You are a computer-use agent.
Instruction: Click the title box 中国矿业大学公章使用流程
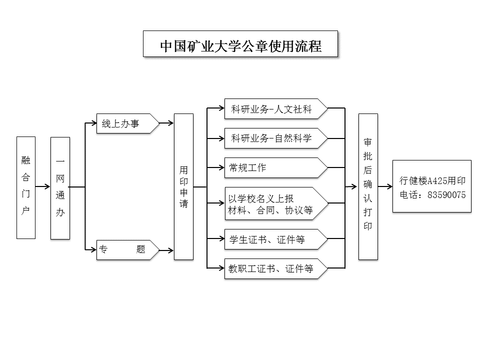click(240, 44)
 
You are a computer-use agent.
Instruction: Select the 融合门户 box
click(26, 187)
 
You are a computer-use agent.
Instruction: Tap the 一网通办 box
click(60, 188)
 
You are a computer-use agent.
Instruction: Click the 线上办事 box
click(128, 123)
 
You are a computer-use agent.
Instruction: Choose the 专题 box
click(128, 250)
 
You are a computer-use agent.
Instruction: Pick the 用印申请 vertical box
click(183, 186)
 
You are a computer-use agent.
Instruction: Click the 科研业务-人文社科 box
click(276, 108)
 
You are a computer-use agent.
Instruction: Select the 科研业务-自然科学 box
click(276, 138)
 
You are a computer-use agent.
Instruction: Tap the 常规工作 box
click(276, 168)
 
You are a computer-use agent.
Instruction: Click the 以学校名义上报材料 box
click(276, 203)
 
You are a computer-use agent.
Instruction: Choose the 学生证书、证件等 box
click(276, 239)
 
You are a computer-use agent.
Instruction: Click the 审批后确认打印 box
click(368, 186)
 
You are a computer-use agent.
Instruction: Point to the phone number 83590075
click(446, 195)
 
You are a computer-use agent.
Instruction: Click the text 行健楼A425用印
click(432, 180)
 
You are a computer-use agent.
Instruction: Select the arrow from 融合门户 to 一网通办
click(43, 186)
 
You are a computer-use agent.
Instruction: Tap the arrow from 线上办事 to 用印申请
click(166, 123)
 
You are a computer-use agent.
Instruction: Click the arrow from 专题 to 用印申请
click(166, 250)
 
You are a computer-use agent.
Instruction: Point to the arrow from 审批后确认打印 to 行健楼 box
click(385, 186)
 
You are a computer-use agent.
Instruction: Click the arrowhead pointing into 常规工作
click(221, 167)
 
